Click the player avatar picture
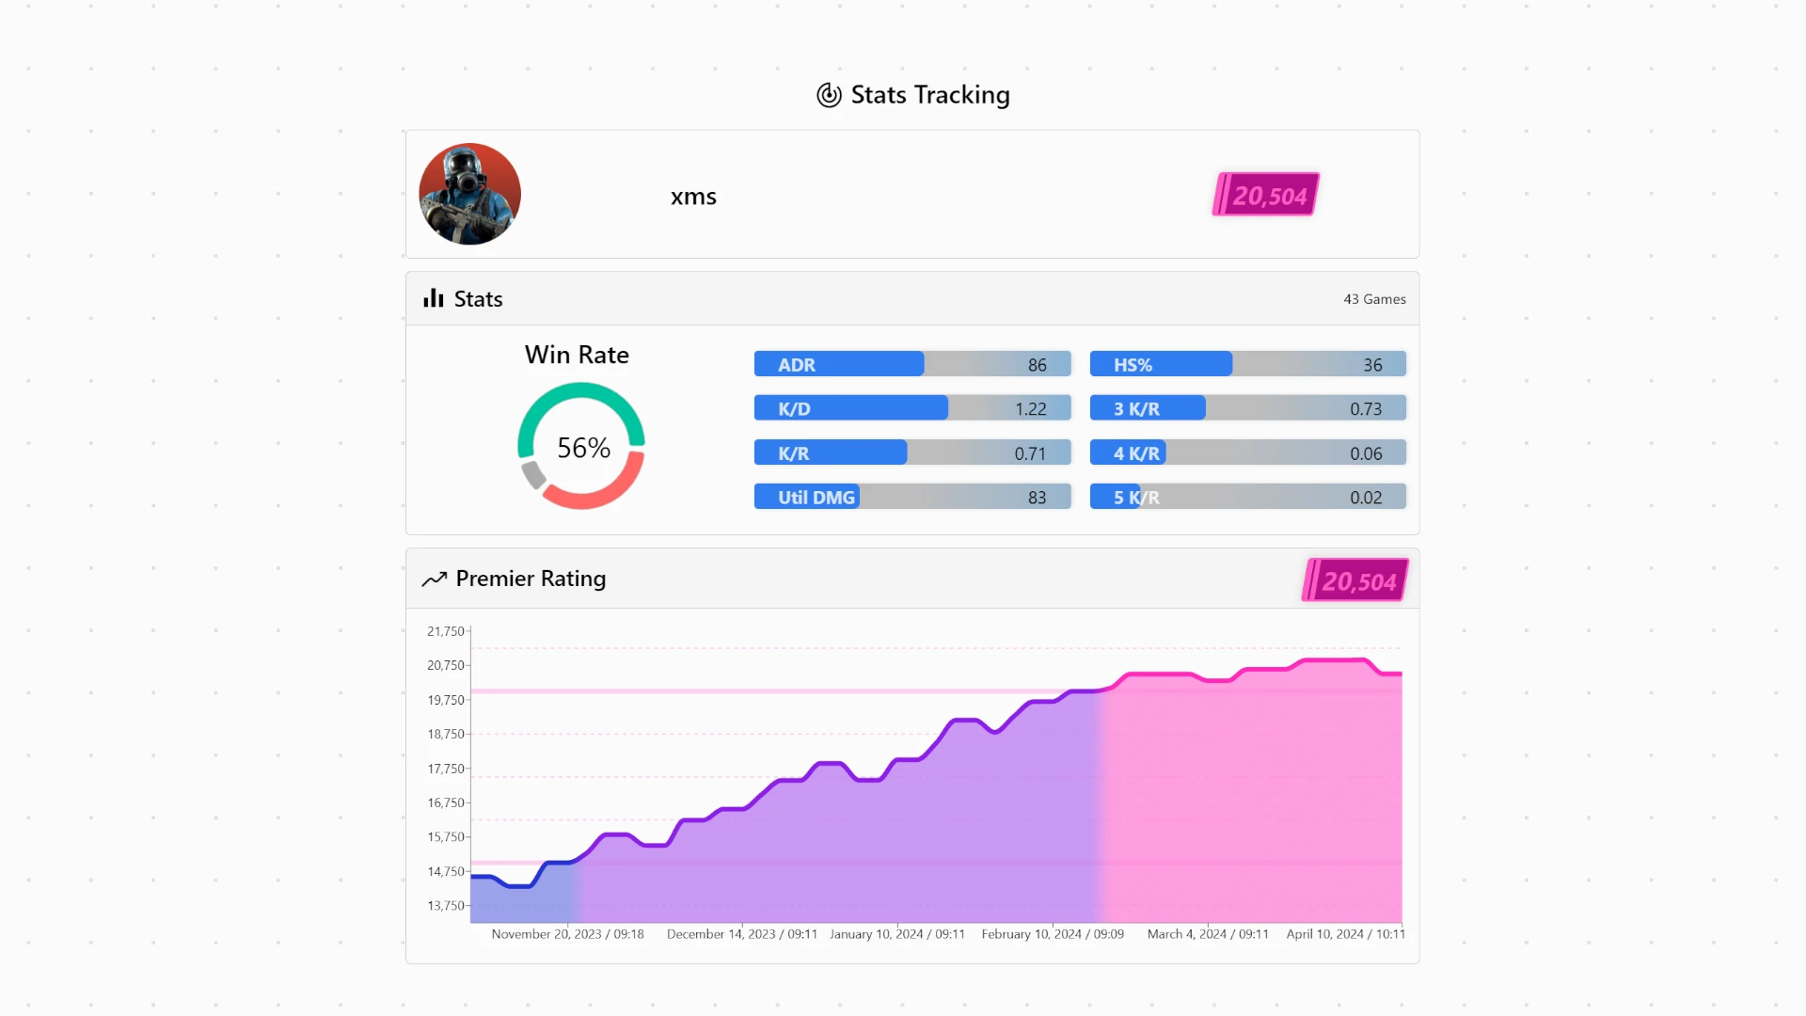pyautogui.click(x=469, y=194)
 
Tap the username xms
pyautogui.click(x=693, y=197)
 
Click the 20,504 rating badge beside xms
pyautogui.click(x=1266, y=195)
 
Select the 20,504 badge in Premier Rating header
pyautogui.click(x=1355, y=580)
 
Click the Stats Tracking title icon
pyautogui.click(x=829, y=95)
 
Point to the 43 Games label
pyautogui.click(x=1374, y=299)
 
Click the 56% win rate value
pyautogui.click(x=583, y=448)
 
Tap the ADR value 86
pyautogui.click(x=1037, y=365)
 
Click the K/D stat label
pyautogui.click(x=794, y=409)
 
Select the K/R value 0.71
pyautogui.click(x=1030, y=453)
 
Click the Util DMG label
pyautogui.click(x=816, y=498)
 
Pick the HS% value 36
pyautogui.click(x=1372, y=365)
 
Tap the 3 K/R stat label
pyautogui.click(x=1136, y=409)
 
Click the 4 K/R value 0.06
pyautogui.click(x=1366, y=453)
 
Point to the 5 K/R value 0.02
pyautogui.click(x=1366, y=498)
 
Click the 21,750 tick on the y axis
pyautogui.click(x=446, y=631)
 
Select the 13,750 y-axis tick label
pyautogui.click(x=446, y=906)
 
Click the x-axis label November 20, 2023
pyautogui.click(x=567, y=934)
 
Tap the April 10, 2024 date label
pyautogui.click(x=1345, y=934)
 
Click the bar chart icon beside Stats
pyautogui.click(x=433, y=299)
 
